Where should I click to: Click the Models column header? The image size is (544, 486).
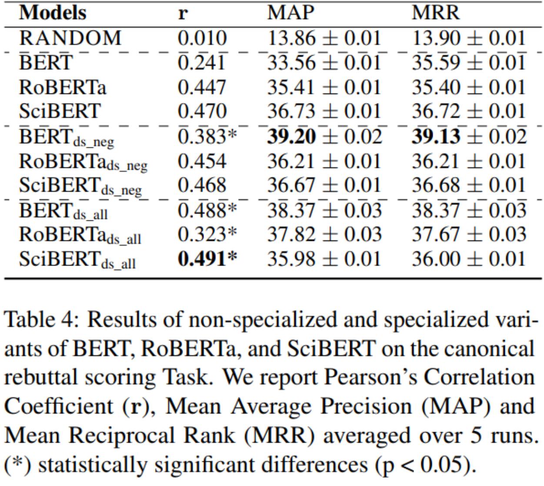tap(53, 13)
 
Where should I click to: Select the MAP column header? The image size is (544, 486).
tap(290, 13)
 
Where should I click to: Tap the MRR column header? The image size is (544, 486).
tap(436, 13)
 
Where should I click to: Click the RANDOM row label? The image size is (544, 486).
tap(70, 38)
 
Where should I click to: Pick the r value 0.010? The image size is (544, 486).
tap(202, 38)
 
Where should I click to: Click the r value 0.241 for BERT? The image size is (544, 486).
tap(201, 62)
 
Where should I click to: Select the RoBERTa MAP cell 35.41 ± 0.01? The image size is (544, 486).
tap(324, 87)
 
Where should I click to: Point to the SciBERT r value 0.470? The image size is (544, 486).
tap(202, 111)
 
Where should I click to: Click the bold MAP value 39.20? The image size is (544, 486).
tap(291, 136)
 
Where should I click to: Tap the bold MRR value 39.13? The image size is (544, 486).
tap(436, 136)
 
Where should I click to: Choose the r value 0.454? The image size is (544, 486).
tap(202, 161)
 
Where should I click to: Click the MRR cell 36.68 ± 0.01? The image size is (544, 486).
tap(468, 185)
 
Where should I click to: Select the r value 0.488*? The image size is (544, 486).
tap(207, 210)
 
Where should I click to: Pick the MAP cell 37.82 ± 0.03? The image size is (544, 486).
tap(324, 234)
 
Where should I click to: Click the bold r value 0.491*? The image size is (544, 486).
tap(207, 259)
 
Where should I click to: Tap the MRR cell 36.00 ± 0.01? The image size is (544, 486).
tap(468, 259)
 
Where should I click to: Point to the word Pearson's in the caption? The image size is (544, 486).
tap(370, 377)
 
